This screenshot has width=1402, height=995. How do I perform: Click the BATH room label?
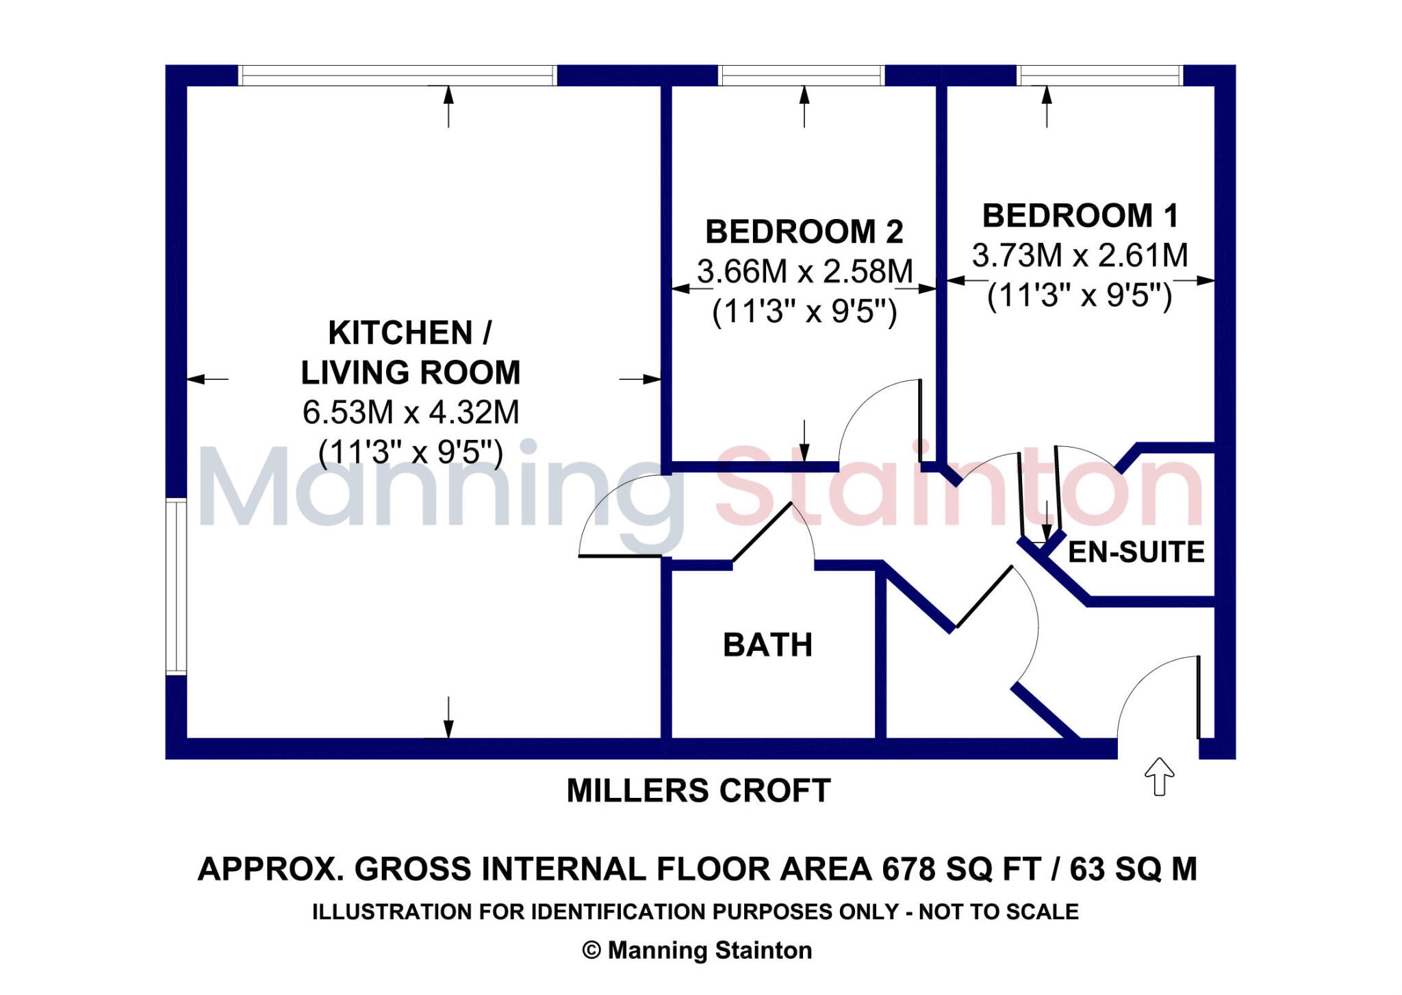click(767, 645)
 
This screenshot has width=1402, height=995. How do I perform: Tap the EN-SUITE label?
click(1136, 552)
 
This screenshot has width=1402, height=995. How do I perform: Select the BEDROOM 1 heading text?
click(1080, 216)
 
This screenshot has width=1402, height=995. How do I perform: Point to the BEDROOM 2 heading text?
click(804, 232)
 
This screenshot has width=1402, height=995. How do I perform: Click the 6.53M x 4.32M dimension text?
click(411, 412)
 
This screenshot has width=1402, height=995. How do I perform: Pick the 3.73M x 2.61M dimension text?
click(1080, 255)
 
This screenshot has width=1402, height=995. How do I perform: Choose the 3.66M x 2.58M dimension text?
click(804, 272)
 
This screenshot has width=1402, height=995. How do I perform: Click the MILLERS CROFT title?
click(698, 790)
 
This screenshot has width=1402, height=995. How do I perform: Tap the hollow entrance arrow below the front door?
click(1159, 777)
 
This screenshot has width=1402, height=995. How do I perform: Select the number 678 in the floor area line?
click(908, 869)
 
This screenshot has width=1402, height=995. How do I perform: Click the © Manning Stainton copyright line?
click(697, 950)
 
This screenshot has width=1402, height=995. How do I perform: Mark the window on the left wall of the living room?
click(176, 586)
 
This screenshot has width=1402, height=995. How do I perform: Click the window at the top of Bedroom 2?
click(801, 75)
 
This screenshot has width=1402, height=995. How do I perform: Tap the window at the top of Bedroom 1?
click(1099, 75)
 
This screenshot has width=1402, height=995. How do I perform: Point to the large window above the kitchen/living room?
click(397, 75)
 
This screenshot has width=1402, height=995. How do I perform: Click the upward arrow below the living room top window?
click(448, 106)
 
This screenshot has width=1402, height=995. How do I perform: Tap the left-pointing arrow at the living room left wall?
click(205, 378)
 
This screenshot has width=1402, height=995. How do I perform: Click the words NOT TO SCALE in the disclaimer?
click(998, 912)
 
